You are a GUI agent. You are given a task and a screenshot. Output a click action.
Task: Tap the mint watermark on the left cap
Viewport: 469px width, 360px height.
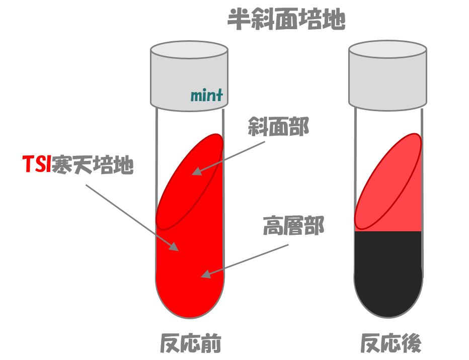[206, 95]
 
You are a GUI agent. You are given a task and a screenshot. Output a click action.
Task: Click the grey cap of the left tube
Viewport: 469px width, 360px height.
[189, 75]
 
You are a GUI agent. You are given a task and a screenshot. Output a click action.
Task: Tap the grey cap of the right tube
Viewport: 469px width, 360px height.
[387, 75]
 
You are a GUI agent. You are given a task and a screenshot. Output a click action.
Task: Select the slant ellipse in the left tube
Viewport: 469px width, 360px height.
[189, 181]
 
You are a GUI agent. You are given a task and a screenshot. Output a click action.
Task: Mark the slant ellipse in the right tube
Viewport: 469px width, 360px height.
[387, 181]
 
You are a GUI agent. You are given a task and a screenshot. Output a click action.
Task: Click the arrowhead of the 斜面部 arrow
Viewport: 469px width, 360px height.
[195, 172]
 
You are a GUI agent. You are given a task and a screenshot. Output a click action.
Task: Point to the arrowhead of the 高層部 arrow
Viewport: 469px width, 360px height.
[204, 274]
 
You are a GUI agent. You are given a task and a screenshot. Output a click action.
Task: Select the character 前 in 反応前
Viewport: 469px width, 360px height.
[211, 343]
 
